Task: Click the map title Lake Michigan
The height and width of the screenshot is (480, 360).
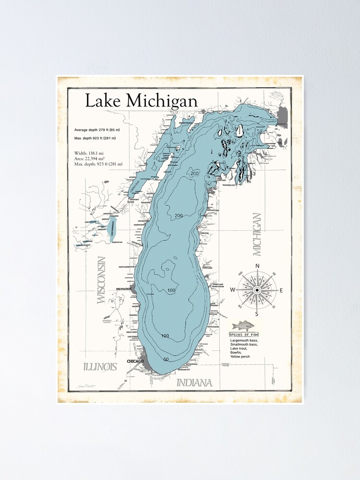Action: coord(141,101)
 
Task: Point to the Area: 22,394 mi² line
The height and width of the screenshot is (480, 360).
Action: coord(91,158)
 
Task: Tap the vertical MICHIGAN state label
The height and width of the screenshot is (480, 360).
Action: coord(257,235)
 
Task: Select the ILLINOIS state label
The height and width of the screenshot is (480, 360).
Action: coord(100,367)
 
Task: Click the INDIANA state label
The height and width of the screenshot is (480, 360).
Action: coord(194,383)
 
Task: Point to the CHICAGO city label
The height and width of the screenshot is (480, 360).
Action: coord(135,361)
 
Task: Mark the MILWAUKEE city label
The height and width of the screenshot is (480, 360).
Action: coord(124,288)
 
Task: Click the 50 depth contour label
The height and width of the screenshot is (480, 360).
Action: coord(166,360)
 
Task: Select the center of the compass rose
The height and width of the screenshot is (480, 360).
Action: coord(257,290)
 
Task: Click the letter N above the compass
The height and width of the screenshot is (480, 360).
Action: coord(257,266)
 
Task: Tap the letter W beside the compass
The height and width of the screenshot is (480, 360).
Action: coord(233,290)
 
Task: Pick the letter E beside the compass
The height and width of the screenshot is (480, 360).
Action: coord(281,290)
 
